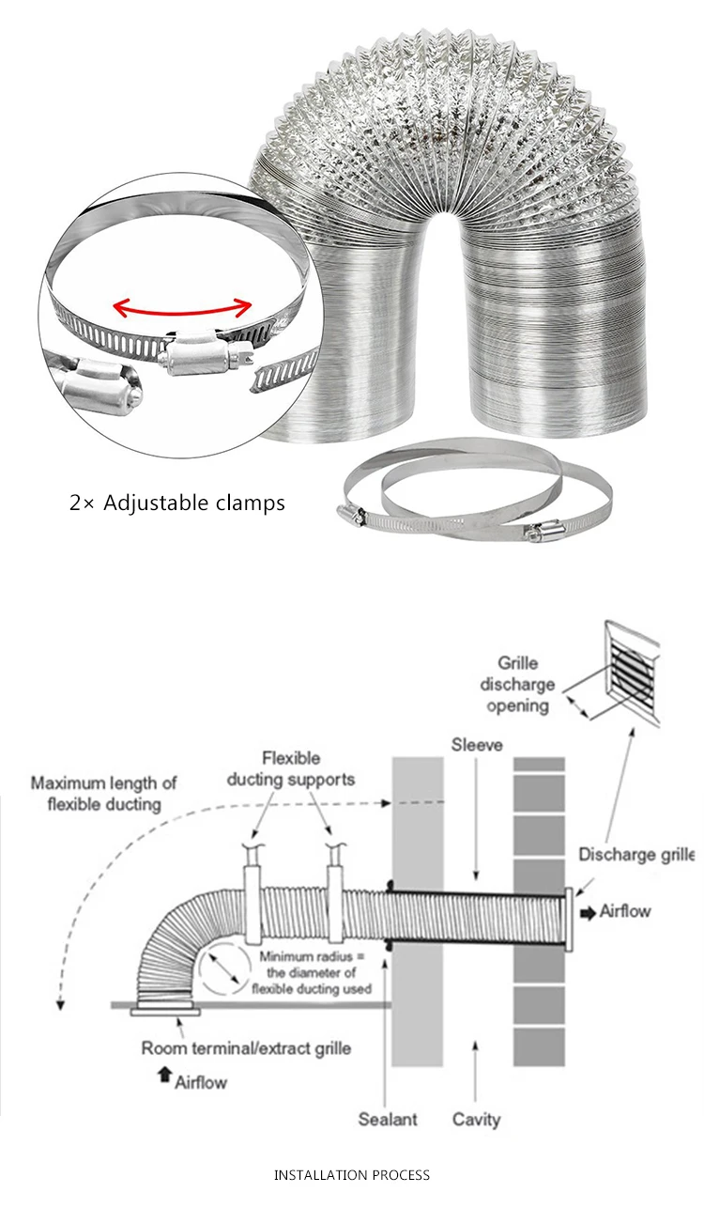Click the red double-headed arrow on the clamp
point(183,307)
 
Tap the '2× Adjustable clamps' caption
point(177,503)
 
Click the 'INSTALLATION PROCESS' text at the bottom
point(352,1174)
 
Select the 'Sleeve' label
point(477,745)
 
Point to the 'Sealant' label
point(388,1119)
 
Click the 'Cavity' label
point(476,1119)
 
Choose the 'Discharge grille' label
point(635,855)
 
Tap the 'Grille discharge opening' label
point(526,684)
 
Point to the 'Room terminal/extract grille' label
point(246,1047)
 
